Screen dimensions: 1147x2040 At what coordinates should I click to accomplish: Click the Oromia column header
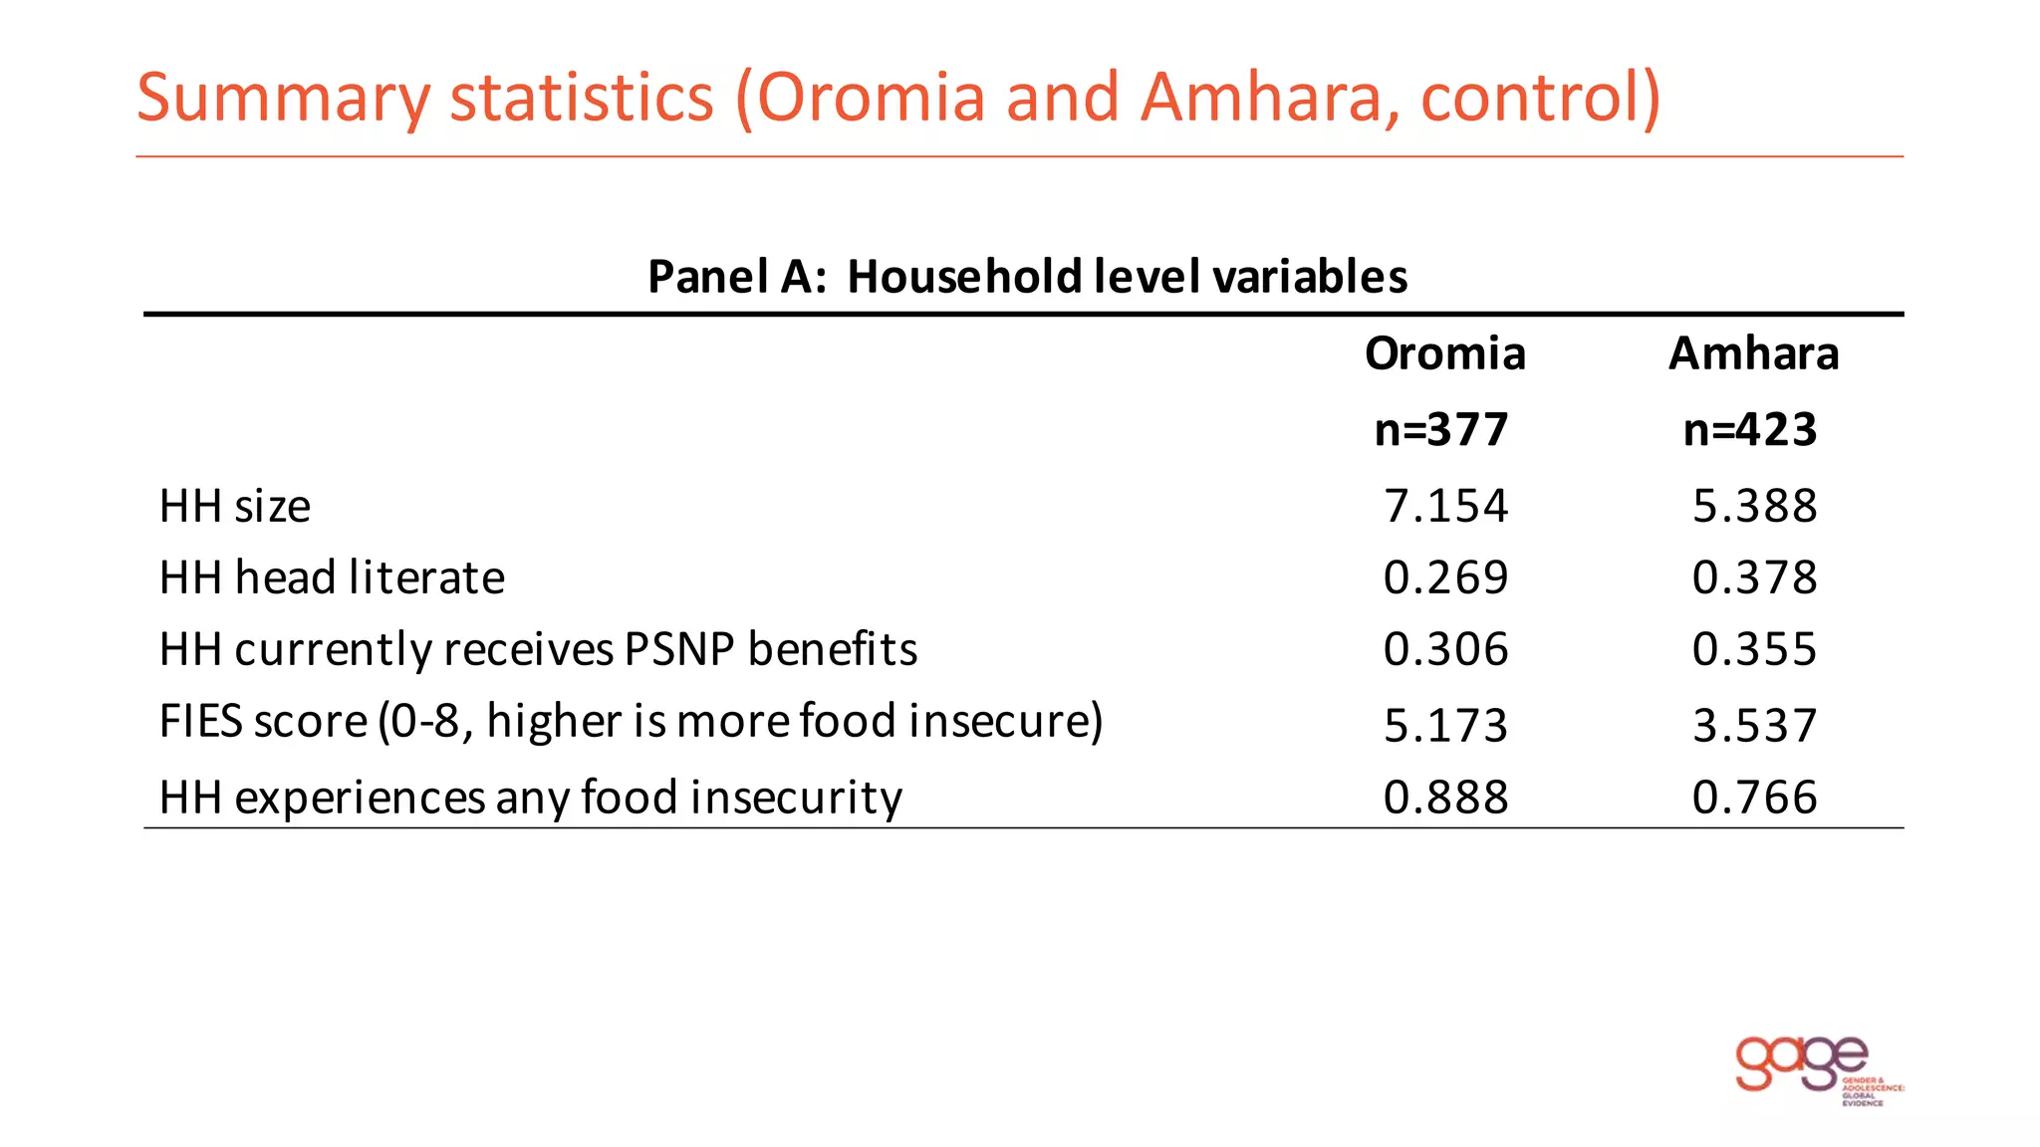point(1444,353)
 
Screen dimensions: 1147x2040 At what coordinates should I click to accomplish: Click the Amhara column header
point(1753,353)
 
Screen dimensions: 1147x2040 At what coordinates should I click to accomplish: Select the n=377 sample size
point(1441,429)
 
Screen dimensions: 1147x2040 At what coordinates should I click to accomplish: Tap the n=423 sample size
point(1750,429)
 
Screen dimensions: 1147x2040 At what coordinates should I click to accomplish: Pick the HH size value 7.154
point(1445,506)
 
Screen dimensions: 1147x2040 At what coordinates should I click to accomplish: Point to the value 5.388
point(1754,506)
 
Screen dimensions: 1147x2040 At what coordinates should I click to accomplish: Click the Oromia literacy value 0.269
point(1445,577)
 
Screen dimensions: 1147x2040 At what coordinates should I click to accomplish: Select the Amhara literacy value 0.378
point(1754,577)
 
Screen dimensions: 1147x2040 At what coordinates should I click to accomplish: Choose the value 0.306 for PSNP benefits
point(1445,649)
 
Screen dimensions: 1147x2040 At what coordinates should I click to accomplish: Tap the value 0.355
point(1754,649)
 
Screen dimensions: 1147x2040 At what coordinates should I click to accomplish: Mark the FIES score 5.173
point(1445,725)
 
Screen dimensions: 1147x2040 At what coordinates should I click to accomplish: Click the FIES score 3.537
point(1754,725)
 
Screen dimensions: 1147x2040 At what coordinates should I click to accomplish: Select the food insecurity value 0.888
point(1445,798)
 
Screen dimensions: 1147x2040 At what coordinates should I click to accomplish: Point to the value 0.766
point(1754,798)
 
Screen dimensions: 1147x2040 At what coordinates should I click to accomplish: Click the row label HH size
point(235,506)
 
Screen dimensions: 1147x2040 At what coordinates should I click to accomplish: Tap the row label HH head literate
point(332,577)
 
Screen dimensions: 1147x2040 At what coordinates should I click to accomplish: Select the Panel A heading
point(1027,276)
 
